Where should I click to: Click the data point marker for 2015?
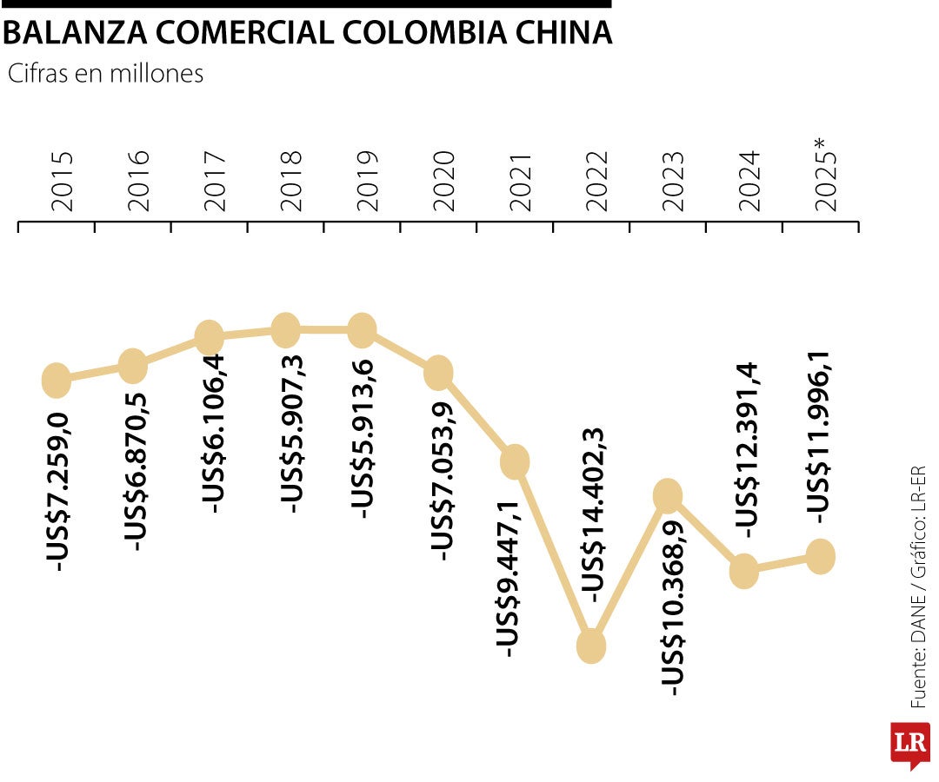pos(56,379)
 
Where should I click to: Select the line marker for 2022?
pos(591,646)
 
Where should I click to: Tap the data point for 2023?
pos(668,495)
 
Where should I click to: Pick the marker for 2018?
pos(285,329)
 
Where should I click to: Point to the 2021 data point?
pos(515,461)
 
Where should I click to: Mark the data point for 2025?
pos(821,555)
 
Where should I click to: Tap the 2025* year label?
pos(826,179)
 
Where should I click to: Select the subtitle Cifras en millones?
pos(105,74)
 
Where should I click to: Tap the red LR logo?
pos(910,745)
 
